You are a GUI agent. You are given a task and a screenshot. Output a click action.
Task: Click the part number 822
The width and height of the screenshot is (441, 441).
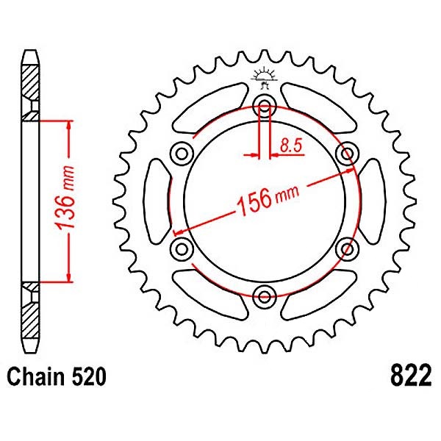[x=406, y=377]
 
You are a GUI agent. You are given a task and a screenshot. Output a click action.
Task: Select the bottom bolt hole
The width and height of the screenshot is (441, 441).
[x=264, y=296]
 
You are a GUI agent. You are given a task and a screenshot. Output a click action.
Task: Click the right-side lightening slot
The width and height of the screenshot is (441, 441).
[x=370, y=200]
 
